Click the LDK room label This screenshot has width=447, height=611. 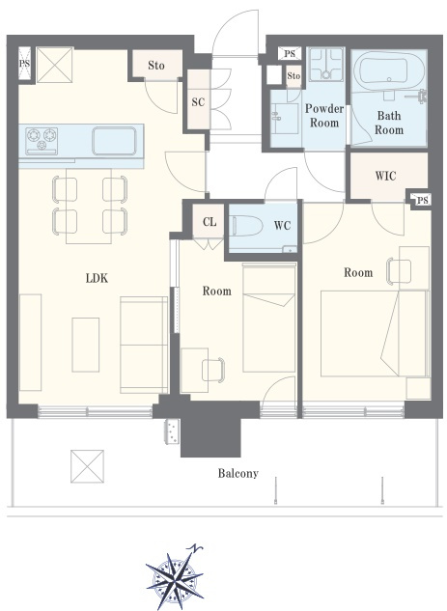97,278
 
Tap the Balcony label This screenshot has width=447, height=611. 237,473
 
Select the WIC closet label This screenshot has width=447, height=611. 386,176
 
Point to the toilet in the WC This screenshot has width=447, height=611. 247,226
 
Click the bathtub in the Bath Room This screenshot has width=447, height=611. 390,70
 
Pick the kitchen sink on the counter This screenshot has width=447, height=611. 114,141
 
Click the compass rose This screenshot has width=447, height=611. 175,576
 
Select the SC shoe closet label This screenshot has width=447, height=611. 198,102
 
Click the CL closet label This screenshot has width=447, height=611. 210,222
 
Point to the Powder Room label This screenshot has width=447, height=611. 323,116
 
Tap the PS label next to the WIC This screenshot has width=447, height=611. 422,201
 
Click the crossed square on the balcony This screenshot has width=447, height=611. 87,466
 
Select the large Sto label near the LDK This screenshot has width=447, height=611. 155,65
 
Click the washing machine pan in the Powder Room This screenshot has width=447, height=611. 326,65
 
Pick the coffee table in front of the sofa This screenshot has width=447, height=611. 85,345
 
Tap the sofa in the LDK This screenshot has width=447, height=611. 144,345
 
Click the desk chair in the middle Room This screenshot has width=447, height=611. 212,370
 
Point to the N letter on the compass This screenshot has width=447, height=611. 196,548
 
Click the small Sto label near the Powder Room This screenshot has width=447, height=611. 293,75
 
